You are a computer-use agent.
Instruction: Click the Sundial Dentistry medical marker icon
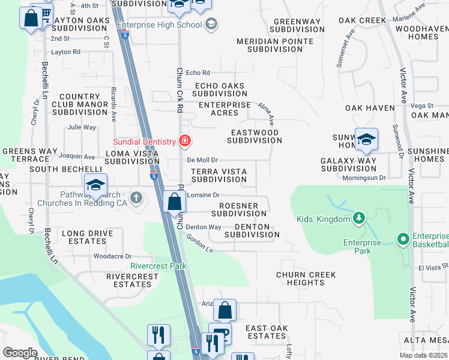tap(185, 142)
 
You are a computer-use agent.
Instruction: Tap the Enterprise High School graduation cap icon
tap(211, 25)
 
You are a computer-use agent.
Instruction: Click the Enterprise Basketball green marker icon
tap(402, 240)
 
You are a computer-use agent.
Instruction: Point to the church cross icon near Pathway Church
tap(137, 197)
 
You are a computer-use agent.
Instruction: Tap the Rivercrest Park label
tap(158, 266)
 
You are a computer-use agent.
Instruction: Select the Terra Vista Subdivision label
tap(218, 175)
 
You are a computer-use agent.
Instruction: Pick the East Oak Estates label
tap(267, 332)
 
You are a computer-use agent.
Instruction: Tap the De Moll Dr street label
tap(202, 160)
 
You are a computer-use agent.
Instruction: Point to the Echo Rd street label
tap(197, 73)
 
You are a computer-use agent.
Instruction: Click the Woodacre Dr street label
tap(112, 256)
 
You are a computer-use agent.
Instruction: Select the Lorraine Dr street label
tap(204, 195)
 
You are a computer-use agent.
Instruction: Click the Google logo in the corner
tap(20, 353)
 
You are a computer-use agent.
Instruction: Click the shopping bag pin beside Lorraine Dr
tap(174, 202)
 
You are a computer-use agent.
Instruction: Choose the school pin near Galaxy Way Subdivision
tap(366, 140)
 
